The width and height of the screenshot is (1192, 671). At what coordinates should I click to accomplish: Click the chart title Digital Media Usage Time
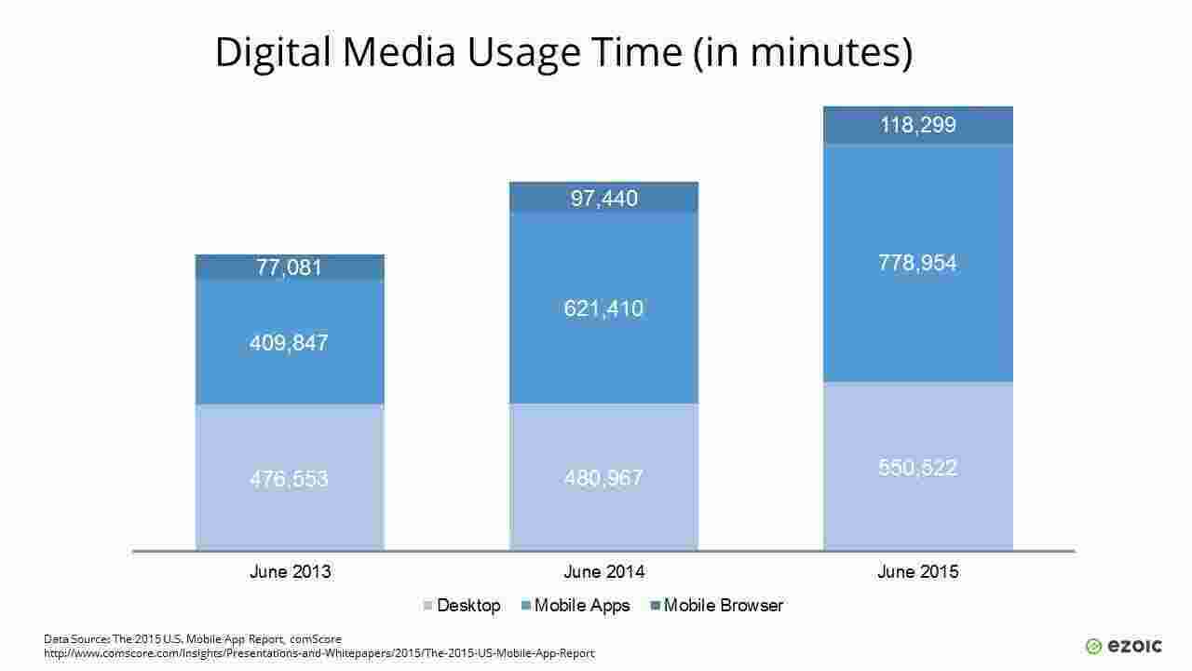(562, 52)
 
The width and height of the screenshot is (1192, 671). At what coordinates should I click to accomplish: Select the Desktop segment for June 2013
(290, 513)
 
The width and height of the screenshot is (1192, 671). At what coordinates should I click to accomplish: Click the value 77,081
(290, 268)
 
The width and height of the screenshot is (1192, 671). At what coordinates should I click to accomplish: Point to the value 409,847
(290, 343)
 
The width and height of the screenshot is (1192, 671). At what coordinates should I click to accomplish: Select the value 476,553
(290, 479)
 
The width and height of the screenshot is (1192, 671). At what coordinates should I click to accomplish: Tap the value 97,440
(603, 199)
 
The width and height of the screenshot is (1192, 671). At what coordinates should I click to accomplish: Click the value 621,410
(603, 308)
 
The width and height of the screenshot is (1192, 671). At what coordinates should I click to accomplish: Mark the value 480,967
(603, 478)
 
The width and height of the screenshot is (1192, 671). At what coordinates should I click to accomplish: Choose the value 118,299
(917, 125)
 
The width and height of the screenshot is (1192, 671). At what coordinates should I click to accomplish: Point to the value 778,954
(917, 264)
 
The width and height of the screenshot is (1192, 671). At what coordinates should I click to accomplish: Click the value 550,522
(917, 468)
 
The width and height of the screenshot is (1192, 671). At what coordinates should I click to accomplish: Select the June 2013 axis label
(290, 572)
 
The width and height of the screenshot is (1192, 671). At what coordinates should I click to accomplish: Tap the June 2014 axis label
(603, 572)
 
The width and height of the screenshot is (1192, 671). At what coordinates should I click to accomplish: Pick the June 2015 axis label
(917, 572)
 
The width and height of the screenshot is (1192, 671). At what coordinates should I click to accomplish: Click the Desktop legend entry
(463, 606)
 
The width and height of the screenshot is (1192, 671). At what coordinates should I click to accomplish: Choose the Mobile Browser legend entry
(717, 606)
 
